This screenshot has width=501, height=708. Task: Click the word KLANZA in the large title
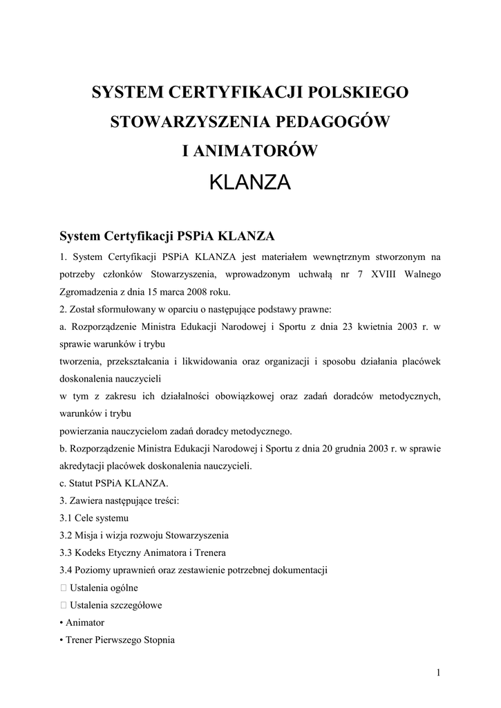(x=249, y=183)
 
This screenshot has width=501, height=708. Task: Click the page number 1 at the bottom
(x=438, y=672)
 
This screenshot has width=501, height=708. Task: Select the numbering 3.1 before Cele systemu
(x=67, y=518)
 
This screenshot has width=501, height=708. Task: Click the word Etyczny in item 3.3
(x=128, y=552)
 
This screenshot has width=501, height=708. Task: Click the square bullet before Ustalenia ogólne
(x=64, y=588)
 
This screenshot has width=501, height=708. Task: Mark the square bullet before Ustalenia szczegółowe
(x=64, y=605)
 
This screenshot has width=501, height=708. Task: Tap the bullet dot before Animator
(x=62, y=622)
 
